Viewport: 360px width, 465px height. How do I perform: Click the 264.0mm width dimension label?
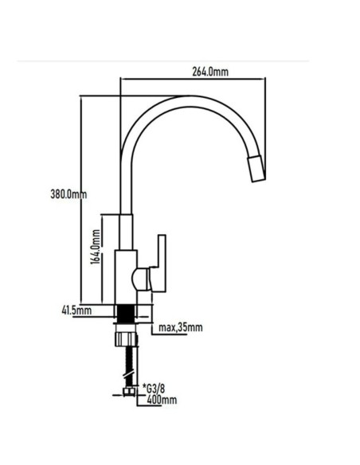pyautogui.click(x=210, y=72)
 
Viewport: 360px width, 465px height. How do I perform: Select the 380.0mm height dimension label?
pyautogui.click(x=68, y=194)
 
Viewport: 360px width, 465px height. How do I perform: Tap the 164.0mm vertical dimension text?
pyautogui.click(x=96, y=248)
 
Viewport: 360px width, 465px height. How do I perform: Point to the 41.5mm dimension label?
pyautogui.click(x=76, y=311)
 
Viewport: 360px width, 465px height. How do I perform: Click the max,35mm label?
pyautogui.click(x=181, y=327)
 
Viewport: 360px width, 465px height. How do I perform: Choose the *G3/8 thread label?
pyautogui.click(x=154, y=389)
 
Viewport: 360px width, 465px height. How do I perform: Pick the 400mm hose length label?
pyautogui.click(x=162, y=400)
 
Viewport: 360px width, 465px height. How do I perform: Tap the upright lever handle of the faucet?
pyautogui.click(x=162, y=263)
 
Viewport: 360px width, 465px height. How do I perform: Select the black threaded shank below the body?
pyautogui.click(x=125, y=315)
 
